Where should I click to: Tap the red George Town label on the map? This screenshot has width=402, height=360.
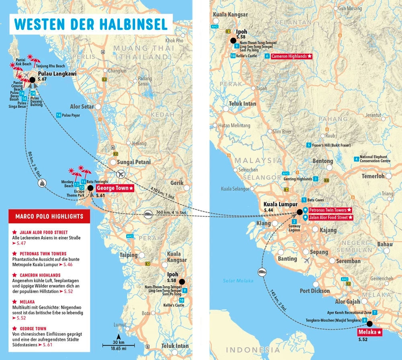[114, 188]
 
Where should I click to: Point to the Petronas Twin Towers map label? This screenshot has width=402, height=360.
[328, 210]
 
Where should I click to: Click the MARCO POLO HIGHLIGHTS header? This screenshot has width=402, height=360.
[49, 217]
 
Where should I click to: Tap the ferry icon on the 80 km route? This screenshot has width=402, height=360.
[42, 183]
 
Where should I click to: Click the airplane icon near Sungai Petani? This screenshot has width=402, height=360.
[120, 174]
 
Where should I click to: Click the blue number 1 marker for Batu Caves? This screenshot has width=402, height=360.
[304, 200]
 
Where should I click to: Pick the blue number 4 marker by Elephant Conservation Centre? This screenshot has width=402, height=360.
[356, 159]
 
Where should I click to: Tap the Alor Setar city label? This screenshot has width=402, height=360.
[82, 106]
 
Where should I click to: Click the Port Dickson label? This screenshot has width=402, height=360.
[315, 290]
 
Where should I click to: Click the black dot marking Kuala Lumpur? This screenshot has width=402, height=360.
[299, 212]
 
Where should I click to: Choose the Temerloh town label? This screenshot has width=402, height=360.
[373, 176]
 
